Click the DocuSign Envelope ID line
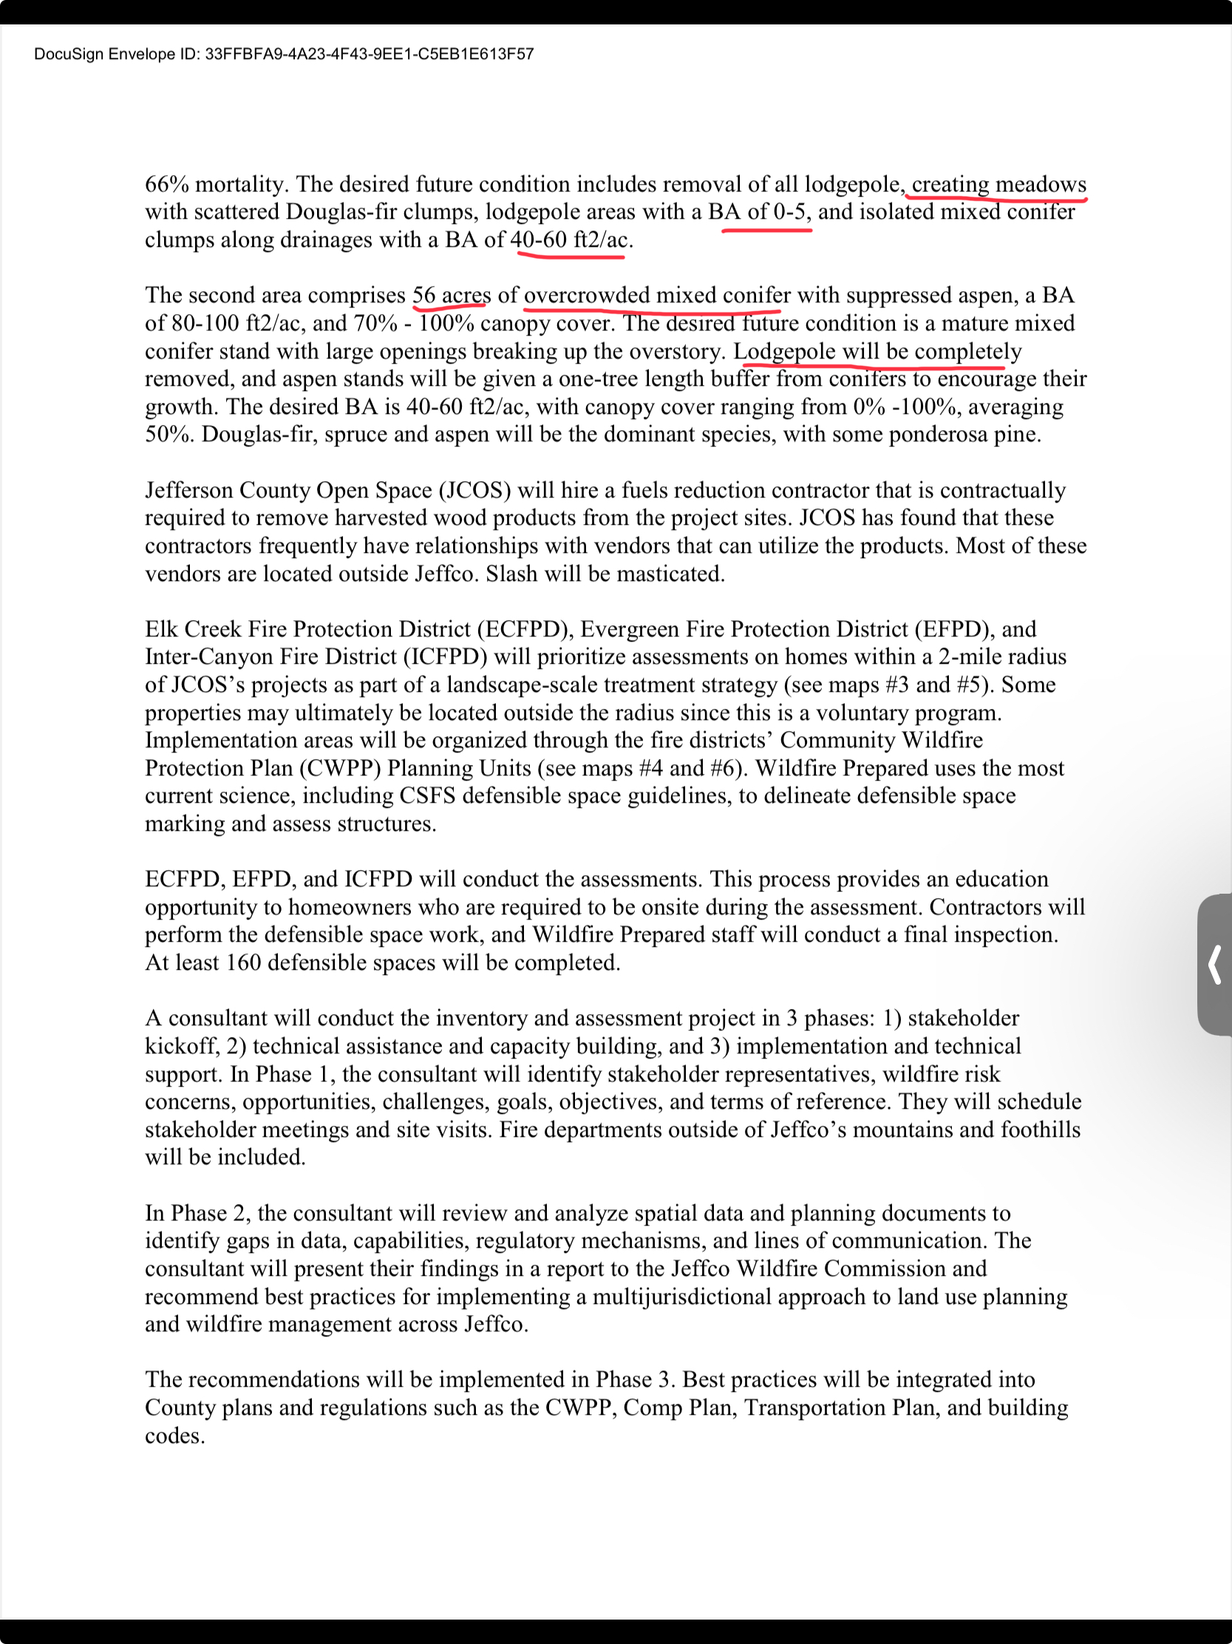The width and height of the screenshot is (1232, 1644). (x=283, y=54)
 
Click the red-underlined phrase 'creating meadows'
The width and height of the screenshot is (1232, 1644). (x=998, y=184)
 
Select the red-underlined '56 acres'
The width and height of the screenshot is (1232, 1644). (x=451, y=296)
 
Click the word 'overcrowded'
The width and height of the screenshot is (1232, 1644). (x=586, y=296)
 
